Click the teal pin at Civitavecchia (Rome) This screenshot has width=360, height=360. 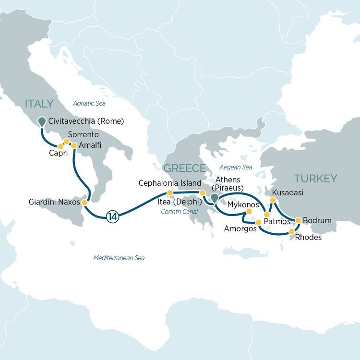(x=42, y=121)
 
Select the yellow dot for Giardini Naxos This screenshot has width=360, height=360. (x=85, y=203)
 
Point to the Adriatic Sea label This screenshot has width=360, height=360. (x=89, y=103)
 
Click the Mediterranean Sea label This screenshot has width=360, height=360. (x=119, y=258)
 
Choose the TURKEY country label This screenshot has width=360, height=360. (x=315, y=179)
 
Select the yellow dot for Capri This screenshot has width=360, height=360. (x=61, y=146)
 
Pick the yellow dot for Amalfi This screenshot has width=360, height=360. (x=74, y=145)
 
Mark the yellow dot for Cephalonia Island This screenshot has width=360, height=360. (x=169, y=193)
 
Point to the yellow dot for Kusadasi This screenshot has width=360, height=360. (x=273, y=200)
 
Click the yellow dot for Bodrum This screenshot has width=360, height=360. (x=298, y=220)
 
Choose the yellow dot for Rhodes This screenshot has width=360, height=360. (x=292, y=232)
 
